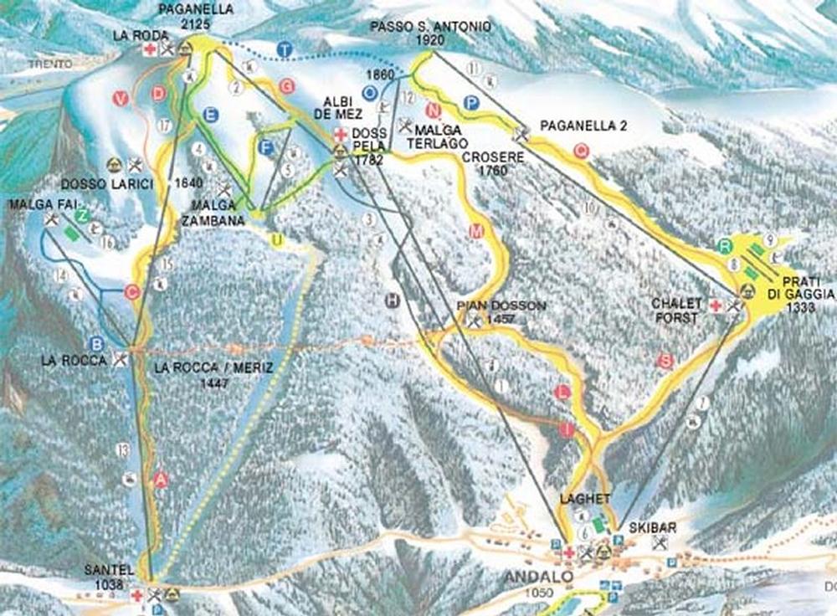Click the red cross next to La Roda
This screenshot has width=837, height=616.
[x=150, y=50]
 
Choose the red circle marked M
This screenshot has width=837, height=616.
[x=477, y=232]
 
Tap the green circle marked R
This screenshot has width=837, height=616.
[x=726, y=246]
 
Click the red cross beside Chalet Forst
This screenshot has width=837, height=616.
[x=716, y=306]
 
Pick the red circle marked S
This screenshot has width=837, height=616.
[x=665, y=361]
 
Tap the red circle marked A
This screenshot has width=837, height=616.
[x=162, y=480]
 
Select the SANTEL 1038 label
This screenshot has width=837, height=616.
[x=109, y=577]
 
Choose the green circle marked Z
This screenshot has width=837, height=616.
[x=82, y=217]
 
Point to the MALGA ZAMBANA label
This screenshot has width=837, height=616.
[x=213, y=216]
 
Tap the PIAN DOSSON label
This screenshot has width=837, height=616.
[x=501, y=307]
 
